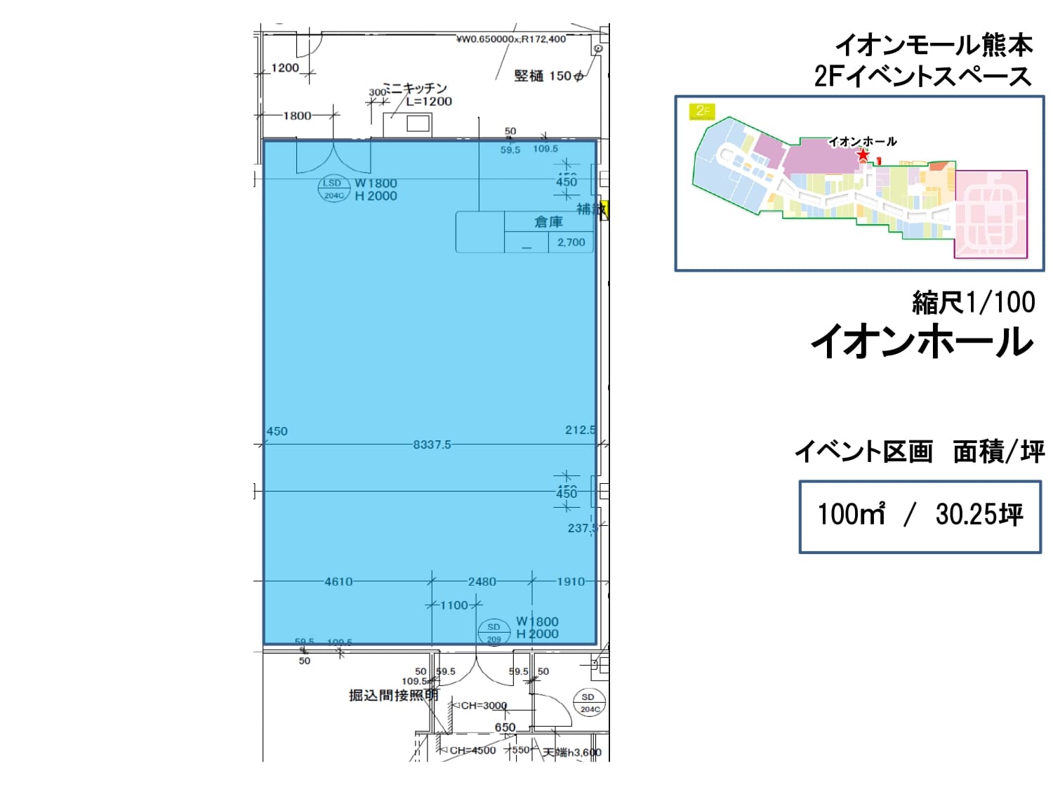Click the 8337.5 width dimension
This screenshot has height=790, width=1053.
tap(432, 445)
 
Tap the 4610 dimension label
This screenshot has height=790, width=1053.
tap(338, 581)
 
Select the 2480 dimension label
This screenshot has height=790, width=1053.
tap(482, 581)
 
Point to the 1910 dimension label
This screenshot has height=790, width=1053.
tap(570, 581)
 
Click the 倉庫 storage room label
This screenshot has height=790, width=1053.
tap(548, 222)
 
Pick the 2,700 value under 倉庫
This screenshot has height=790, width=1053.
tap(571, 242)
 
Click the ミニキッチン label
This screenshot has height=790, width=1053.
tap(416, 88)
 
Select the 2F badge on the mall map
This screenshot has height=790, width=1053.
tap(703, 110)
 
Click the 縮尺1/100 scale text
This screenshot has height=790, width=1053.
tap(973, 302)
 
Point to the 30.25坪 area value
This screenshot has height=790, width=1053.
tap(979, 515)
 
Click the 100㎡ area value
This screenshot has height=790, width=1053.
tap(851, 515)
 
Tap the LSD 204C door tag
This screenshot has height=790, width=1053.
tap(333, 189)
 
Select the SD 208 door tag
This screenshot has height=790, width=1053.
tap(494, 632)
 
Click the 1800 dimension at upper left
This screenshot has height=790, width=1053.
tap(297, 116)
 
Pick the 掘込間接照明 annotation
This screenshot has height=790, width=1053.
tap(393, 695)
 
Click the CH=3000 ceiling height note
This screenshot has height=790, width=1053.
tap(484, 705)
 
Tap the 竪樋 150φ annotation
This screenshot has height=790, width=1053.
tap(548, 76)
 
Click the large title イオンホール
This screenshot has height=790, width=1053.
tap(922, 342)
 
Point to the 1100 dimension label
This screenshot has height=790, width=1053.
tap(453, 605)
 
